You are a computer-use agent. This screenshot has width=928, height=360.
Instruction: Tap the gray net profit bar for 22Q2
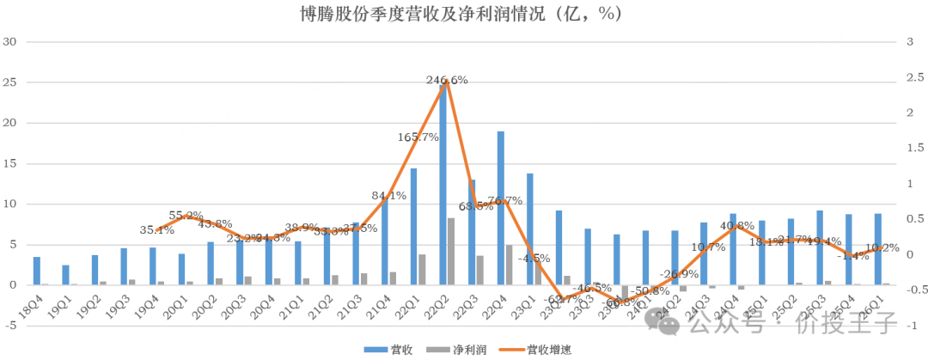pyautogui.click(x=451, y=251)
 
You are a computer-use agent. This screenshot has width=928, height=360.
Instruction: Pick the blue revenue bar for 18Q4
pyautogui.click(x=36, y=271)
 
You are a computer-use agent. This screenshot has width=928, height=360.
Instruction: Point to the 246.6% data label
pyautogui.click(x=447, y=80)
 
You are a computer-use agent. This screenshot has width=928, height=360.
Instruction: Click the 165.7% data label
pyautogui.click(x=418, y=137)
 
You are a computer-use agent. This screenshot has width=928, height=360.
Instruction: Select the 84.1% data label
pyautogui.click(x=388, y=195)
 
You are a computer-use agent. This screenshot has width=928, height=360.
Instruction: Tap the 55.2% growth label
pyautogui.click(x=186, y=217)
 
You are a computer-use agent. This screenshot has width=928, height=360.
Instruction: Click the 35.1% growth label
pyautogui.click(x=157, y=230)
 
